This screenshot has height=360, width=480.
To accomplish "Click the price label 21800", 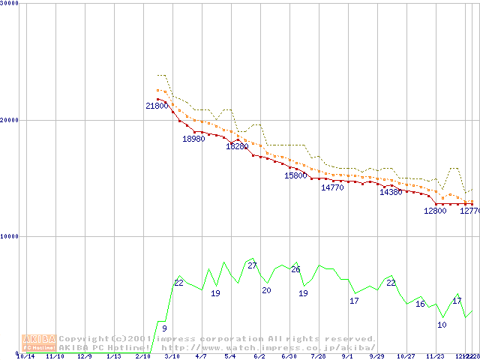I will [157, 106].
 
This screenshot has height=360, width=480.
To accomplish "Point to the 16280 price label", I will [237, 146].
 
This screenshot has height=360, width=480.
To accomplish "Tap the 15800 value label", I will [295, 175].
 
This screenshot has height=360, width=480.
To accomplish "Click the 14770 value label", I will [332, 187].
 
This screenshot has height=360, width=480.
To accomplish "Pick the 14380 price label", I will [391, 193].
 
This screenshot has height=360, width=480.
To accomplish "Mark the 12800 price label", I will [435, 211].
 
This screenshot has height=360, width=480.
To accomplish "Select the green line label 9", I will [164, 328].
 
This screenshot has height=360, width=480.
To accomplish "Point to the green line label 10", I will [442, 325].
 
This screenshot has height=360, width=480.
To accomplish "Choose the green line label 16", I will [420, 304].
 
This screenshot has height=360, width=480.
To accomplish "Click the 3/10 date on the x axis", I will [172, 357].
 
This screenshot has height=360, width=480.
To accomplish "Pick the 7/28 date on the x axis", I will [318, 357].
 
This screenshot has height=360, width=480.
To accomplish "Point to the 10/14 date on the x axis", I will [25, 357].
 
